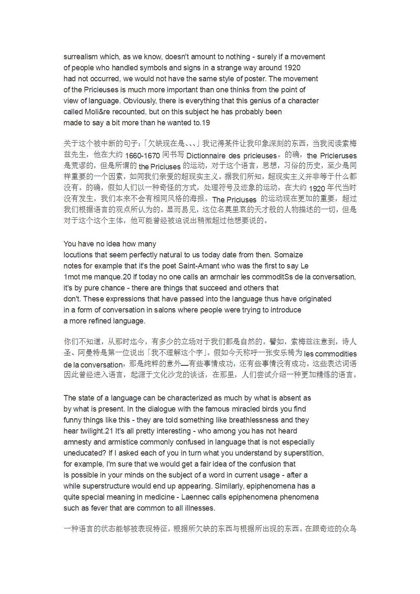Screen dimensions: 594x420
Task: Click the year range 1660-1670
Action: pos(142,156)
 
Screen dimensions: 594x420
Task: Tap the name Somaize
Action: pos(289,255)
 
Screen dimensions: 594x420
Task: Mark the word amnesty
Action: pos(77,442)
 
